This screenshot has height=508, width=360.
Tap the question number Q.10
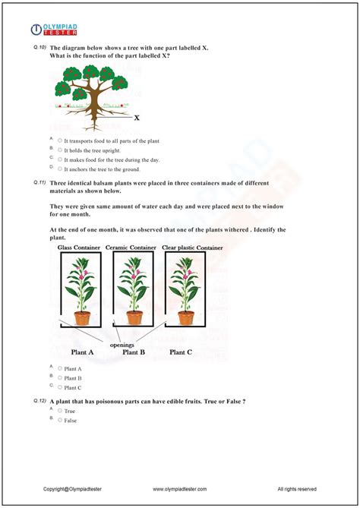click(x=39, y=48)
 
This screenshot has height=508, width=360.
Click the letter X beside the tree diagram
click(x=137, y=118)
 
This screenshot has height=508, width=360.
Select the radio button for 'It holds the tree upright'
click(x=60, y=150)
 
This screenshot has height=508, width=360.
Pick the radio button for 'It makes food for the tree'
click(x=60, y=160)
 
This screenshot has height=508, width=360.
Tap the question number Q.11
click(x=39, y=183)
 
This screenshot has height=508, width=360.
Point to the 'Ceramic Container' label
click(x=131, y=248)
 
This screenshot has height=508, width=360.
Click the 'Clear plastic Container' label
click(x=192, y=248)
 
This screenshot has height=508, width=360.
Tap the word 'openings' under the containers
click(x=121, y=344)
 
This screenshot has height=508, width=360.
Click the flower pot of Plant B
click(x=134, y=317)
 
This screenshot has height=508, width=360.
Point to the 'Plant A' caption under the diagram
click(x=83, y=352)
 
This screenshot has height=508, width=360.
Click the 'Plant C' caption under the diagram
click(x=181, y=352)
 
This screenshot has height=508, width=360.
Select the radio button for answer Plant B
click(x=60, y=377)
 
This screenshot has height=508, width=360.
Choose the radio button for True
click(x=60, y=411)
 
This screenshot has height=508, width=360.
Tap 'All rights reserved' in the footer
click(x=297, y=489)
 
